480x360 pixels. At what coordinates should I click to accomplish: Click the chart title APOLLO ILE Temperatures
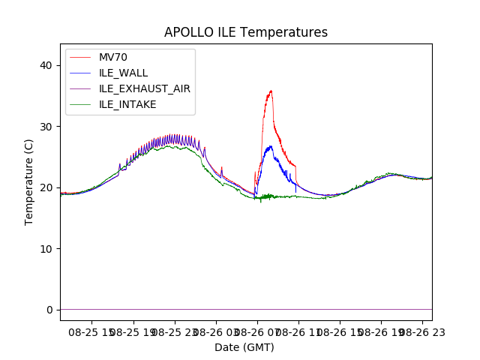[246, 32]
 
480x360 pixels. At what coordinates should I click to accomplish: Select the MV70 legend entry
[112, 57]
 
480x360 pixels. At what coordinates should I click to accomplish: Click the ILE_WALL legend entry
[123, 73]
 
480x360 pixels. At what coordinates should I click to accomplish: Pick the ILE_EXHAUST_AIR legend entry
[144, 88]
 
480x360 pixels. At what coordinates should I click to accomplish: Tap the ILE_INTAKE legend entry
[127, 104]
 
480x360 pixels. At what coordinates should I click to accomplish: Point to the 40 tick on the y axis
[46, 65]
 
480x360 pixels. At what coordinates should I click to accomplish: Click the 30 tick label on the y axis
[46, 127]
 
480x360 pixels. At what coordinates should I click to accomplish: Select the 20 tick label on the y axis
[46, 187]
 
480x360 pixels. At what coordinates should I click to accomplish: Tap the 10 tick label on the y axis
[46, 249]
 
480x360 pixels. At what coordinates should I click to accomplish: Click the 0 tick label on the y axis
[49, 310]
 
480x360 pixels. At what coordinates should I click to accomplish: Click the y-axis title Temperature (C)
[29, 182]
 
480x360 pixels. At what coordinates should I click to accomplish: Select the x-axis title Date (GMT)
[244, 347]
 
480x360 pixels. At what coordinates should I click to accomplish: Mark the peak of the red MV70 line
[271, 91]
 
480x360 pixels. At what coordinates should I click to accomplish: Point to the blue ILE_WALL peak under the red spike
[270, 146]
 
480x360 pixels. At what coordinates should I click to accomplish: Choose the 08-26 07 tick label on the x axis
[257, 331]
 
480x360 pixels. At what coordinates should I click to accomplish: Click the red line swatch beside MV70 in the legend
[82, 57]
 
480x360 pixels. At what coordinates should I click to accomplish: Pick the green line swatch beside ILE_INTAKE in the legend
[82, 104]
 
